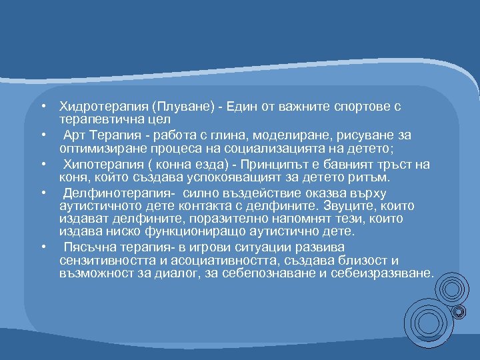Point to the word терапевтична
point(99,119)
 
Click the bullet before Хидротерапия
point(42,107)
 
